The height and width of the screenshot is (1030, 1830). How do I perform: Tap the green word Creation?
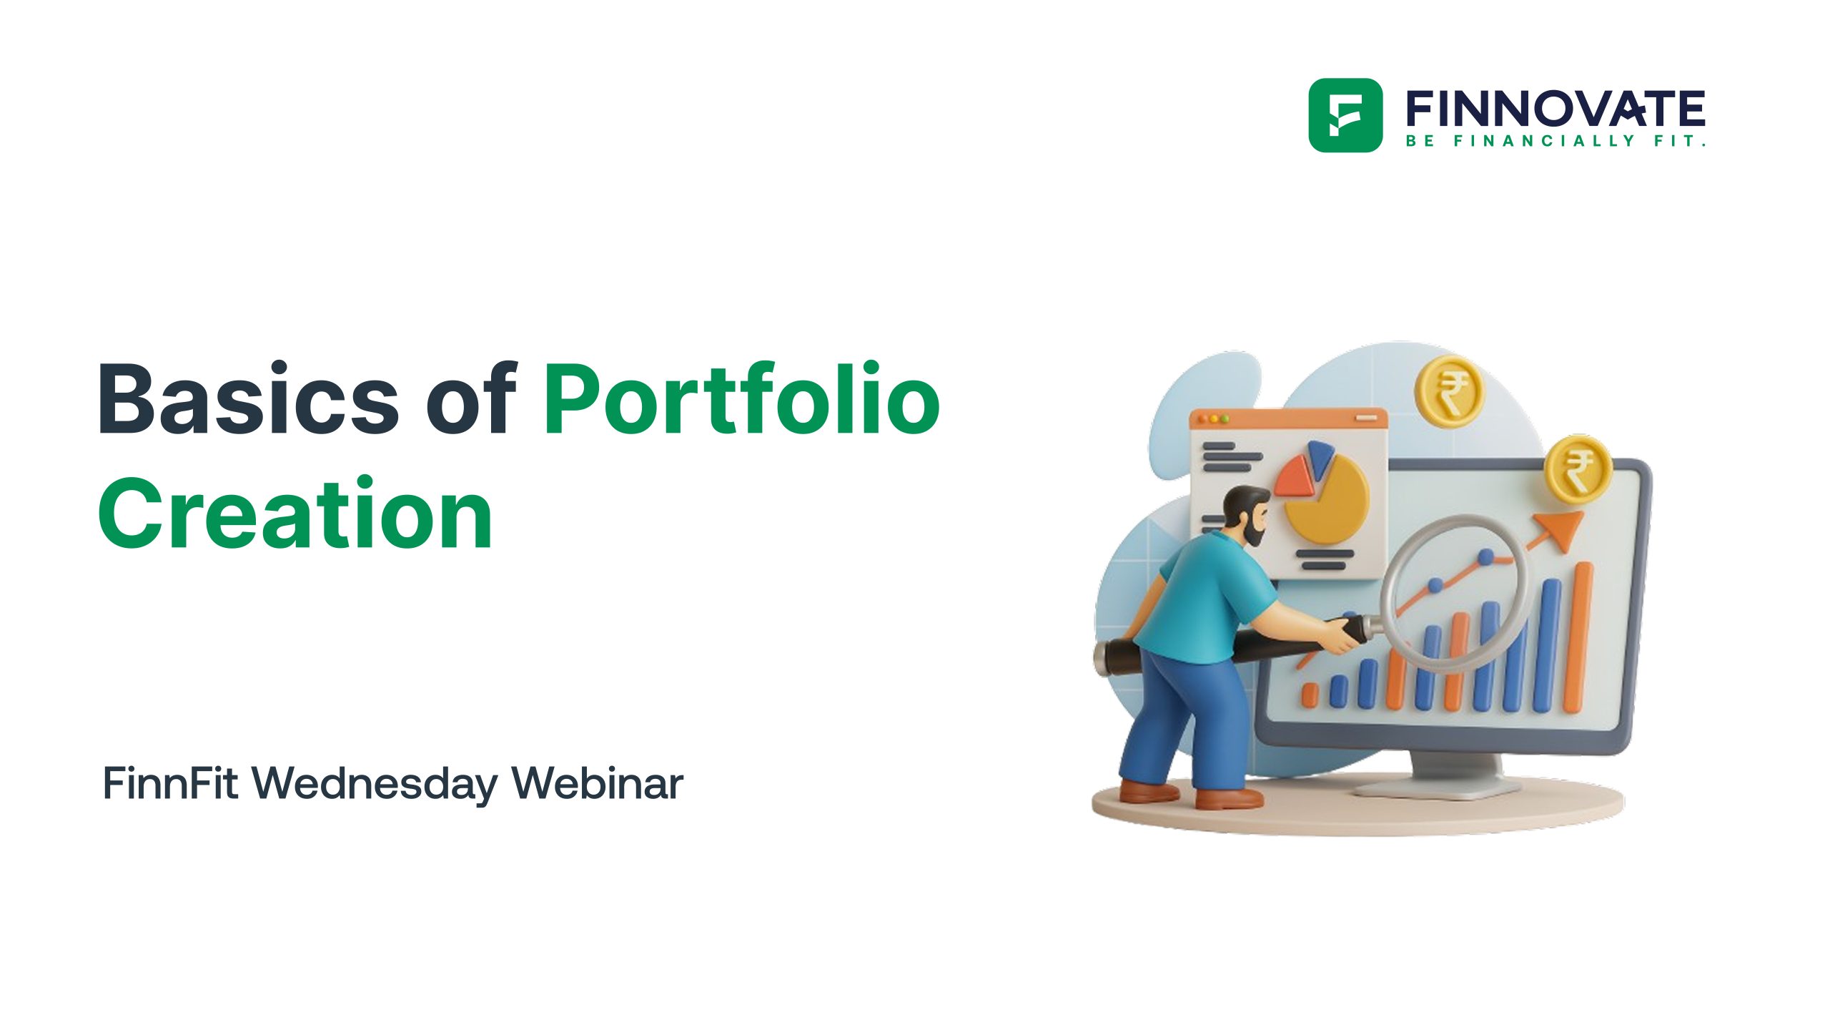(x=295, y=514)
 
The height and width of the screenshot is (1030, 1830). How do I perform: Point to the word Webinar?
(x=598, y=783)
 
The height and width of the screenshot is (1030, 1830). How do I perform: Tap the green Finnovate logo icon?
(x=1345, y=115)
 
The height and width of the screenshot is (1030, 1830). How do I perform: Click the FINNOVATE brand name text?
(x=1555, y=109)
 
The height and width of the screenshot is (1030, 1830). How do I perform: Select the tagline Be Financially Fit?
(x=1555, y=141)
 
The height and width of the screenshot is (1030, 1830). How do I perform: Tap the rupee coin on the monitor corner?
(x=1578, y=469)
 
